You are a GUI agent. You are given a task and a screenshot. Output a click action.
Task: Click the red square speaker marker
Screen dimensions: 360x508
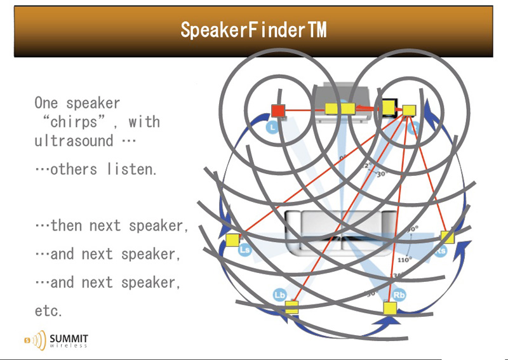coord(277,111)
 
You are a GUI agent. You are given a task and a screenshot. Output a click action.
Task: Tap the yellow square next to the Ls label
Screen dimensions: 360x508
coord(232,240)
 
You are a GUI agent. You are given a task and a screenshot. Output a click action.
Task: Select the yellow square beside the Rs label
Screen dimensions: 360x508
coord(448,237)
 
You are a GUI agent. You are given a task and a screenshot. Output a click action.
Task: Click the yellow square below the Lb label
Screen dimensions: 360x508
coord(291,307)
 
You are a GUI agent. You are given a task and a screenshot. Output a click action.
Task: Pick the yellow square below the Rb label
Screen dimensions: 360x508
coord(390,308)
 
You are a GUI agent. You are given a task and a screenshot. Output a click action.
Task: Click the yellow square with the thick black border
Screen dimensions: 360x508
coord(388,107)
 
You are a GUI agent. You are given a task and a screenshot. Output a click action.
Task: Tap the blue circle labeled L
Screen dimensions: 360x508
coord(272,128)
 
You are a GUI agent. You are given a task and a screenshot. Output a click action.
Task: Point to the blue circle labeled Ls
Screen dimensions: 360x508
coord(244,251)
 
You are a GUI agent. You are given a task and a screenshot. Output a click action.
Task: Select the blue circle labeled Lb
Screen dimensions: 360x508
coord(280,295)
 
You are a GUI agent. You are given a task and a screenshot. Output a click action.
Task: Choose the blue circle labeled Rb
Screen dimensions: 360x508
coord(399,295)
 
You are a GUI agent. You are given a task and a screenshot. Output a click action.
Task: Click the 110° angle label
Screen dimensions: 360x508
coord(404,259)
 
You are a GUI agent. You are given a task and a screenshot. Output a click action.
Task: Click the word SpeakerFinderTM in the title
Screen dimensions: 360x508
coord(253,30)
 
